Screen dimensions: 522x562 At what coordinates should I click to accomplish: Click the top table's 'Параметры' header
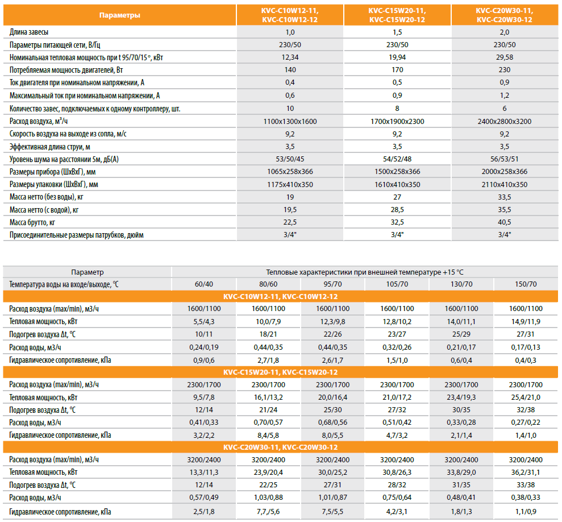point(119,15)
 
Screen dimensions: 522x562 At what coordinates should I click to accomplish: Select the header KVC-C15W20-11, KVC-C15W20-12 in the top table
point(397,15)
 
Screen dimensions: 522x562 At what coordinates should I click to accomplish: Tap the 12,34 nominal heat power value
point(290,57)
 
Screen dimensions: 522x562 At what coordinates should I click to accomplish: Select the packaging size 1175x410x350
point(290,184)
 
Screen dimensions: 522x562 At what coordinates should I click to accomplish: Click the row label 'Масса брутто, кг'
point(32,222)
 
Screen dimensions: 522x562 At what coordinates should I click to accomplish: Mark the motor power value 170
point(397,71)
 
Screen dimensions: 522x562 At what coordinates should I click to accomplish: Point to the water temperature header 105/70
point(397,284)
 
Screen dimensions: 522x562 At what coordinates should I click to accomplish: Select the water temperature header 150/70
point(526,284)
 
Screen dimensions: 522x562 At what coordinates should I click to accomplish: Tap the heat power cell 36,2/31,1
point(526,471)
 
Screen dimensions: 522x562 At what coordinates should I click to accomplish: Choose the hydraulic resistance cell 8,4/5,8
point(268,435)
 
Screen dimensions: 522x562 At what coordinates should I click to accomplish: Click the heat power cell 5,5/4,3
point(204,321)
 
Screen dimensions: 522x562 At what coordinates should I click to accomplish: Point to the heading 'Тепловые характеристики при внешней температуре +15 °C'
point(365,272)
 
